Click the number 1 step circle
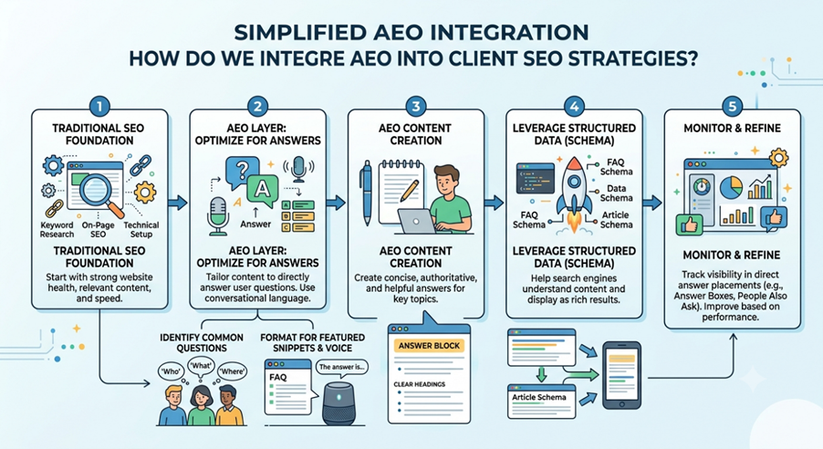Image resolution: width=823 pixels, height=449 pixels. point(99,107)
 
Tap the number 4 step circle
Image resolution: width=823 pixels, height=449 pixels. point(574,107)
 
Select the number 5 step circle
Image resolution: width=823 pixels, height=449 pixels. point(732,107)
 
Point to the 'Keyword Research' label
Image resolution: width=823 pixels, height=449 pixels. point(57,229)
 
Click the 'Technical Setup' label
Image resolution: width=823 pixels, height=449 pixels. point(141,229)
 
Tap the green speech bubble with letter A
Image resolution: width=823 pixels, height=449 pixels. point(262,191)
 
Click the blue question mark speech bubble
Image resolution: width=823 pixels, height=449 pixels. point(242,172)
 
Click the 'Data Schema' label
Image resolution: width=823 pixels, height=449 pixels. point(616,193)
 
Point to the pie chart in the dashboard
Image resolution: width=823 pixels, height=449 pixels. point(731,187)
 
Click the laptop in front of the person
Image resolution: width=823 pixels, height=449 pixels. point(417,221)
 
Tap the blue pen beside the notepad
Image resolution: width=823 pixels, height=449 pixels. point(367,193)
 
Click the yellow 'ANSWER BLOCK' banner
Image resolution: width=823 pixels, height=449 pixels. point(429,346)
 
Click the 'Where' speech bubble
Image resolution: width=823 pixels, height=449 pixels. point(232,371)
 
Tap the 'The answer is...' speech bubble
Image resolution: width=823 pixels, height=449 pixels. point(341,367)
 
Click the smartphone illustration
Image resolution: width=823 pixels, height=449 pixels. point(621,375)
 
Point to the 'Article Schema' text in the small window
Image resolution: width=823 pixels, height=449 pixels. point(539,397)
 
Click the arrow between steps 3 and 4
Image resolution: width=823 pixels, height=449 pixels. point(494,203)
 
